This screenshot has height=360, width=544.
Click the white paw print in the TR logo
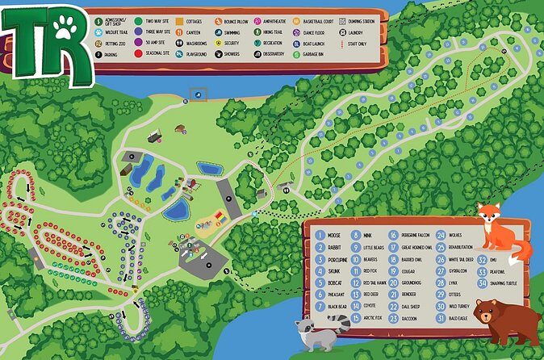pos(65,31)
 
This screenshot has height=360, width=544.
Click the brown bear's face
pos(488,313)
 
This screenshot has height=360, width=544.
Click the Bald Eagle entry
pos(458,319)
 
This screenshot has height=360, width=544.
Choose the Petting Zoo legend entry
pos(112,43)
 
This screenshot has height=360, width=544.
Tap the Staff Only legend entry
pos(356,43)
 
